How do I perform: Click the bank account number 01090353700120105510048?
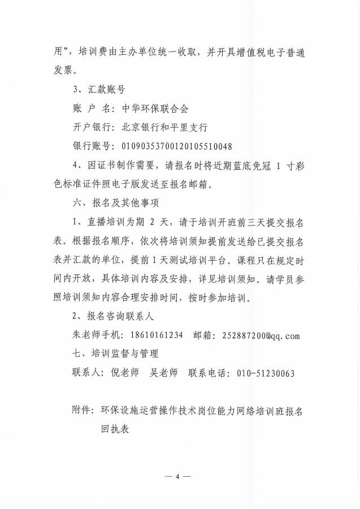click(x=176, y=146)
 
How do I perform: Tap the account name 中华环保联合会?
click(x=153, y=109)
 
